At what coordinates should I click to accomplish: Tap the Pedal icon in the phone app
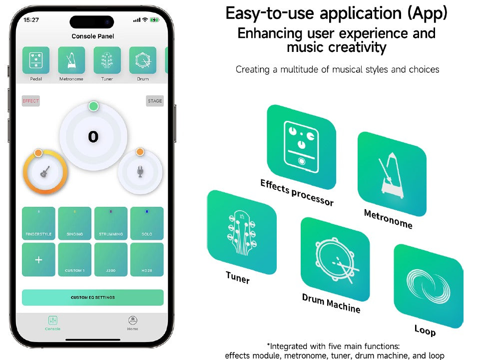[x=35, y=60]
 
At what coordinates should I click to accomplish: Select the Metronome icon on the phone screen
[x=71, y=60]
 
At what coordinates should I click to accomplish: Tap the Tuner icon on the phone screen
[x=107, y=60]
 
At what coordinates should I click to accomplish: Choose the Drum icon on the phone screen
[x=143, y=60]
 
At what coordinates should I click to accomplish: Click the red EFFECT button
[x=31, y=101]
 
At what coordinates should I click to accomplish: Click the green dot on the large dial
[x=93, y=106]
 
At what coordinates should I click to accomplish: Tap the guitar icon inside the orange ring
[x=45, y=172]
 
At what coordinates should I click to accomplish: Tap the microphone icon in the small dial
[x=140, y=172]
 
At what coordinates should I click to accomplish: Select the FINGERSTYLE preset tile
[x=39, y=223]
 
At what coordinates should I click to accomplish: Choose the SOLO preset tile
[x=147, y=223]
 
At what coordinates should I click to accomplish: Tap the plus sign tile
[x=39, y=260]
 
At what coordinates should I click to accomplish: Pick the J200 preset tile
[x=111, y=260]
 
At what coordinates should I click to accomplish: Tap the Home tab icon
[x=132, y=321]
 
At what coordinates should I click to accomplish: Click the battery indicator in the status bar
[x=154, y=20]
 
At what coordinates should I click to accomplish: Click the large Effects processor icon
[x=302, y=147]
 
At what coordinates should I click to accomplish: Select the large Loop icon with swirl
[x=429, y=286]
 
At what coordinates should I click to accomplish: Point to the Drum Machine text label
[x=331, y=303]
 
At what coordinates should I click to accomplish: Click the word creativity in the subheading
[x=337, y=47]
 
